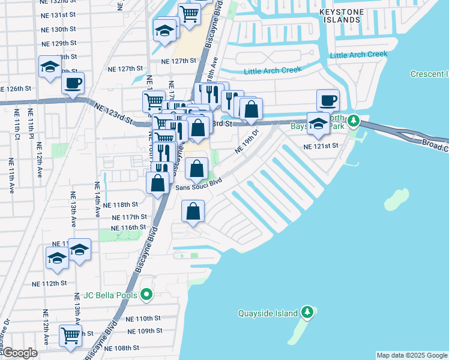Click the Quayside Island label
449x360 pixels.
click(x=268, y=313)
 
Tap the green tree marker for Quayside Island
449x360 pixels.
click(x=307, y=312)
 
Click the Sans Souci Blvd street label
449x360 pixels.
click(x=199, y=184)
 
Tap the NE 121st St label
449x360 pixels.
click(x=321, y=146)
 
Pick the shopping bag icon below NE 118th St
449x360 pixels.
click(x=193, y=211)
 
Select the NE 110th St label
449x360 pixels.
click(x=144, y=319)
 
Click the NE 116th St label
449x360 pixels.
click(x=128, y=227)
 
